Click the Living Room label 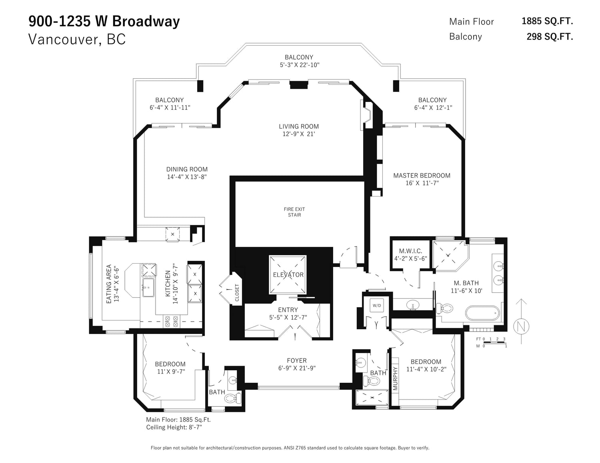coord(298,126)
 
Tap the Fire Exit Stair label coord(294,212)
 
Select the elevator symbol coord(288,275)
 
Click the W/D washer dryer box coord(377,306)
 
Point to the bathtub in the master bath coord(482,313)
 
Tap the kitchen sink coord(148,287)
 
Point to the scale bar coord(492,342)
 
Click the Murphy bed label coord(395,378)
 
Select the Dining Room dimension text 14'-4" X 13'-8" coord(187,177)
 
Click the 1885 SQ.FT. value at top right coord(547,21)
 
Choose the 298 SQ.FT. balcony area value coord(550,37)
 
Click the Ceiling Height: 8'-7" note coord(174,427)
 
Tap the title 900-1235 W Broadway coord(104,22)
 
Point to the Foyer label coord(296,360)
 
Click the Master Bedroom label coord(422,175)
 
